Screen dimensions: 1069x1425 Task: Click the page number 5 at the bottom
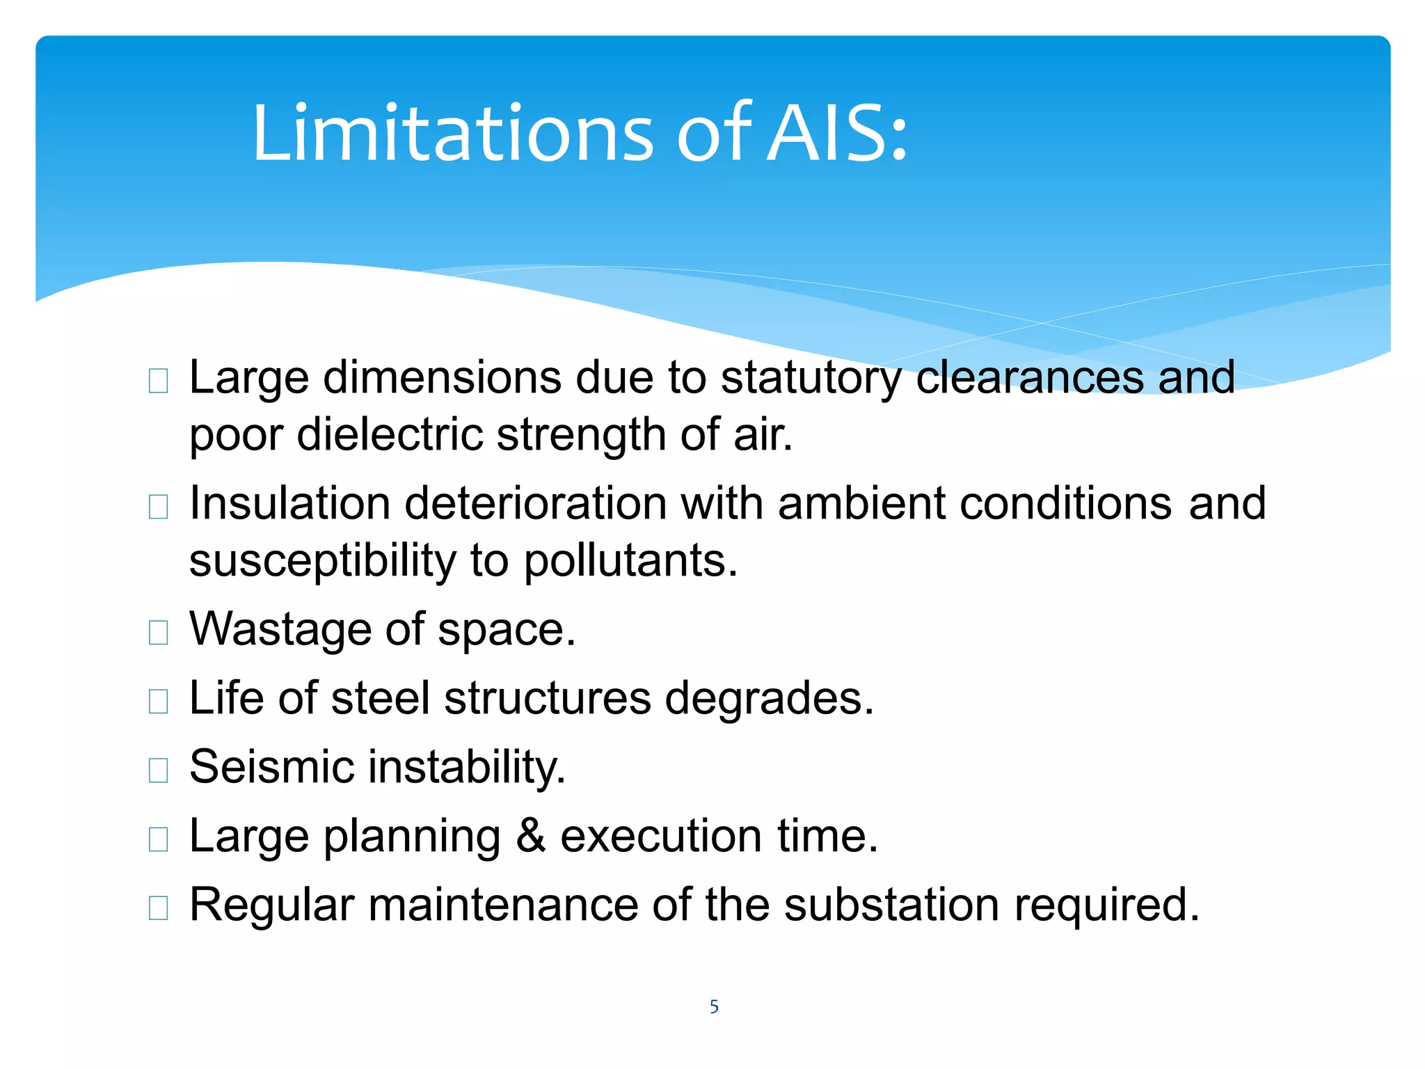coord(714,1006)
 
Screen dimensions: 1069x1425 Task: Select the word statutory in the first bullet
coord(811,378)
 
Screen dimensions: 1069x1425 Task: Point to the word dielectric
coord(389,434)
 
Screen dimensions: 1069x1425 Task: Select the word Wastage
coord(280,629)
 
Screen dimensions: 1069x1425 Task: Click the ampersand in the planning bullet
coord(530,836)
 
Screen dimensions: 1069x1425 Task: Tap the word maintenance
coord(503,905)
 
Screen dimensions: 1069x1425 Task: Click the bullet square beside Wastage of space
coord(159,632)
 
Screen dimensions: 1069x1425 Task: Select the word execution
coord(661,836)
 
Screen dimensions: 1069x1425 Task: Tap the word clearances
coord(1029,377)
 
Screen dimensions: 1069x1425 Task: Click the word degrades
coord(769,698)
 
